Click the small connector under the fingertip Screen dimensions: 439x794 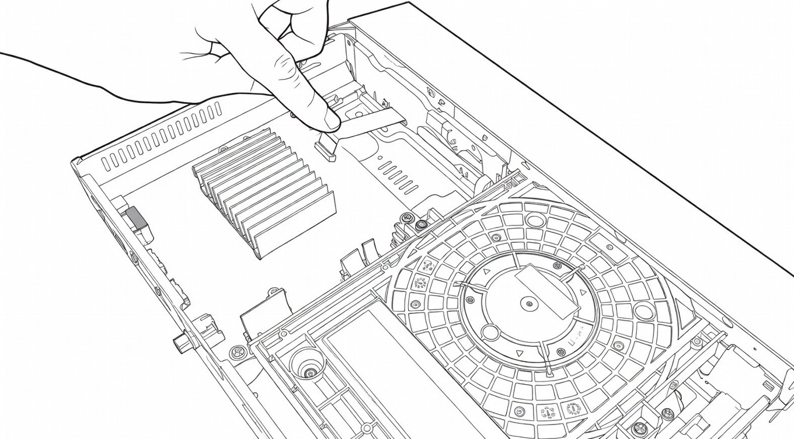327,146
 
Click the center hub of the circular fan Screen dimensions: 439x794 529,303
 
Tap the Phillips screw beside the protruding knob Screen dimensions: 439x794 236,352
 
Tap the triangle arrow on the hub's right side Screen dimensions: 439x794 581,291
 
